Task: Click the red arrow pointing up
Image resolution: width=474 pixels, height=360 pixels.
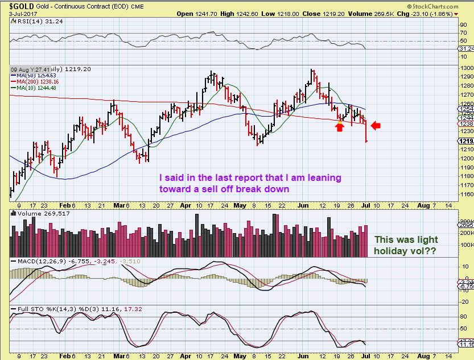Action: pyautogui.click(x=340, y=127)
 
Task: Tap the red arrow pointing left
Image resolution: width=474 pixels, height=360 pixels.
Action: pyautogui.click(x=377, y=125)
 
